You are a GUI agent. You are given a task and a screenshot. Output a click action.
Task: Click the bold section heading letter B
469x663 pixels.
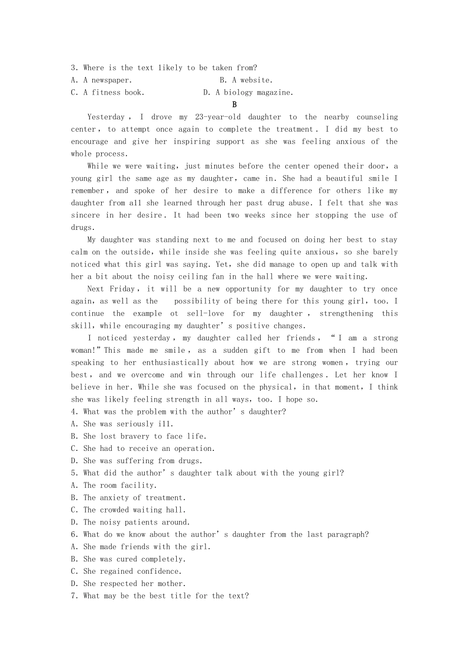(234, 105)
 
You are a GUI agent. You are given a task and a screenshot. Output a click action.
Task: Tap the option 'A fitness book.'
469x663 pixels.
(108, 92)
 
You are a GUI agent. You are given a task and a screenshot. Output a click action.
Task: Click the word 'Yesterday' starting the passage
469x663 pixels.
(106, 117)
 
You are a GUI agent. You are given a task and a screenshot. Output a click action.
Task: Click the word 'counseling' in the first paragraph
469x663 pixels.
(377, 117)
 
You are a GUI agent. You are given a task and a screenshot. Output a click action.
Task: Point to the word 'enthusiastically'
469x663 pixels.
(175, 363)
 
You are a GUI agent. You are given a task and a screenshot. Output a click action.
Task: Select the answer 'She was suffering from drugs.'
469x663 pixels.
(137, 461)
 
